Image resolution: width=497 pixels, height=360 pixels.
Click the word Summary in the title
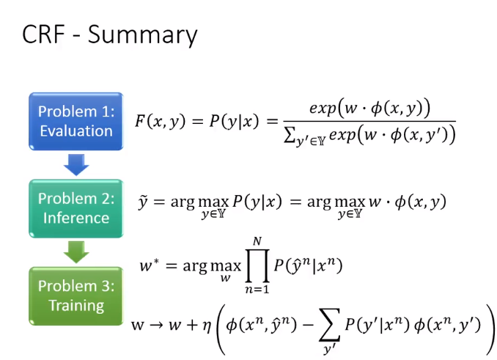tap(143, 35)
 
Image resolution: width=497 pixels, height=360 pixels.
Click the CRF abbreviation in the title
tap(43, 34)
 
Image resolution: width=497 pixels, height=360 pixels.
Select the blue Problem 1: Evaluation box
tap(76, 122)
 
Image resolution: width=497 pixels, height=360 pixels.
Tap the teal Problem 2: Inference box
tap(76, 208)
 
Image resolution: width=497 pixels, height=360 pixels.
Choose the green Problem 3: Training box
tap(76, 296)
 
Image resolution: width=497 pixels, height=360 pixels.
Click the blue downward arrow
tap(76, 165)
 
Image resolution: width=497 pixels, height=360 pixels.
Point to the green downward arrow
tap(76, 252)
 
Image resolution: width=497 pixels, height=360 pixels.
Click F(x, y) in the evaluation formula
tap(160, 121)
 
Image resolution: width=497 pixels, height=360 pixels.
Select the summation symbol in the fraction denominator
tap(289, 136)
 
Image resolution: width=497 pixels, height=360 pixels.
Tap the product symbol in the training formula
tap(257, 265)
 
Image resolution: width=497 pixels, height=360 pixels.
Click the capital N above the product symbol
tap(257, 241)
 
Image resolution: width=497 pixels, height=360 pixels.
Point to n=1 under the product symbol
tap(257, 289)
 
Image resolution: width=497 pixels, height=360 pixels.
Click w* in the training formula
tap(150, 265)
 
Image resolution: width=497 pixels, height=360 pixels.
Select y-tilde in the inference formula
tap(143, 202)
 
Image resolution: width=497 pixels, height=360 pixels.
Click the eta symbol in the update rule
tap(207, 326)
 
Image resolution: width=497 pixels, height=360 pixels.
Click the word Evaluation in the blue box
tap(76, 131)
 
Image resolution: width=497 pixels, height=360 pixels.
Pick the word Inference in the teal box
tap(76, 218)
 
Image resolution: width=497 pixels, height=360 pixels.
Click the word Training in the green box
tap(76, 306)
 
